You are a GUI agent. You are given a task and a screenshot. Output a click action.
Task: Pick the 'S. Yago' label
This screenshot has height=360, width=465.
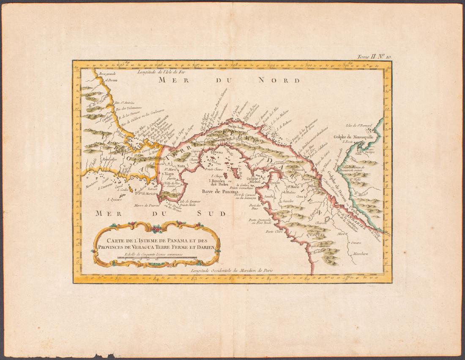[168, 173]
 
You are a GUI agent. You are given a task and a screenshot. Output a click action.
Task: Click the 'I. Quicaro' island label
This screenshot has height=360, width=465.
[115, 199]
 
